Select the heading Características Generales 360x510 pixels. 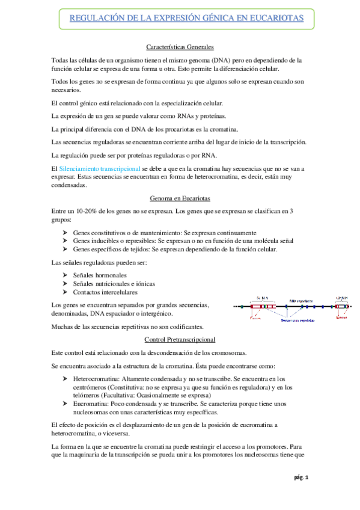tap(180, 47)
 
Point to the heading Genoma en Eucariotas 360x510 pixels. tap(180, 198)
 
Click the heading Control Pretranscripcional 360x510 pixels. tap(180, 340)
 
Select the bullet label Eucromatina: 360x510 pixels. tap(92, 404)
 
